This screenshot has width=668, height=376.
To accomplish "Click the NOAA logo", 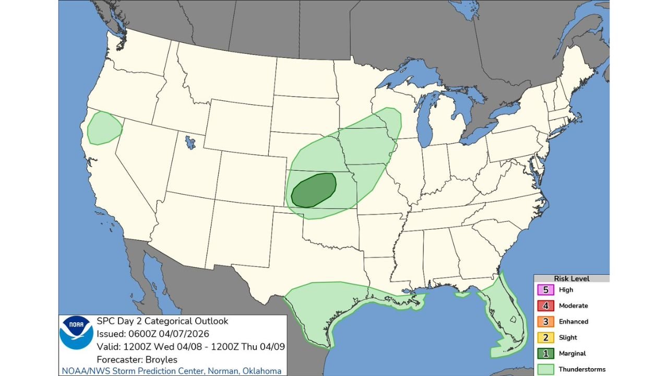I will click(77, 332).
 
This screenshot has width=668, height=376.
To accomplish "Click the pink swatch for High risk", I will click(545, 290).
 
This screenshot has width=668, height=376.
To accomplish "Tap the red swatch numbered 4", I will click(545, 306).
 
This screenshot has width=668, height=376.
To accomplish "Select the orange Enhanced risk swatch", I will click(545, 322).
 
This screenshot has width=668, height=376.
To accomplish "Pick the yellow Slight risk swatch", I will click(545, 337).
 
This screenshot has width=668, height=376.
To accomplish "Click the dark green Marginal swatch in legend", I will click(545, 354).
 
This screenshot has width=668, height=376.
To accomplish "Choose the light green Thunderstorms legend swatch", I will click(545, 369).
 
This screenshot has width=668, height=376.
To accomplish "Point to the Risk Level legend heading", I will click(571, 279).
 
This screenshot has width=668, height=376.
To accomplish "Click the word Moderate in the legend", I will click(573, 306).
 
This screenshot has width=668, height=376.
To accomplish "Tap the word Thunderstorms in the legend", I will click(582, 369).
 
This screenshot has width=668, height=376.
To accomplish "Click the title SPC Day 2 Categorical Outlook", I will click(162, 321).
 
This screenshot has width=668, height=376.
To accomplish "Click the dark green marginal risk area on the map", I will click(314, 191).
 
